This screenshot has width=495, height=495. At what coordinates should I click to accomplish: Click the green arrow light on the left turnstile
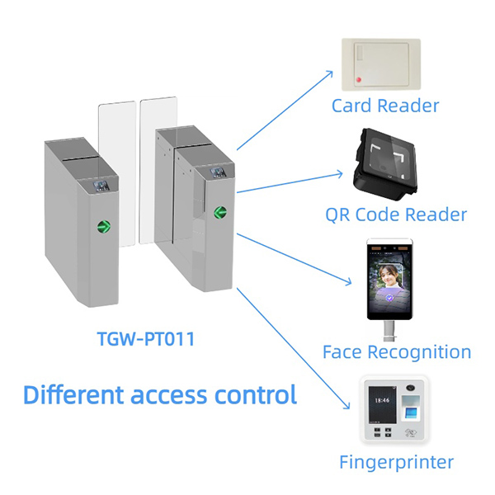point(106,224)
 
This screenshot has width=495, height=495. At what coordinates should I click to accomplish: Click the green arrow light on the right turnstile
point(220,213)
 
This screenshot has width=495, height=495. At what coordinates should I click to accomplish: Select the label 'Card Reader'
point(385,106)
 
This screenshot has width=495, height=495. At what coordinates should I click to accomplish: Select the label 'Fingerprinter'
point(395,461)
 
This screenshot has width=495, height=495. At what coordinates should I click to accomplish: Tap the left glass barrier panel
point(116,173)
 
